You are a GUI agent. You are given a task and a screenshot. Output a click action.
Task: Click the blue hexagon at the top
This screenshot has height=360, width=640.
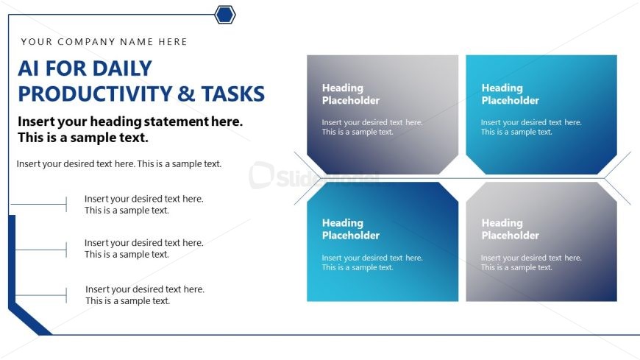225,15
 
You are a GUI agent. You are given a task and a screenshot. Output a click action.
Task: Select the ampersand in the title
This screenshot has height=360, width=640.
186,93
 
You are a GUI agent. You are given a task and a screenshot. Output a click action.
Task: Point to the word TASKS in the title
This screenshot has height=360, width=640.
233,93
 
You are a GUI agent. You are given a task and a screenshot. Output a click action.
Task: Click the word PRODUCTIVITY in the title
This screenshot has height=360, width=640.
95,93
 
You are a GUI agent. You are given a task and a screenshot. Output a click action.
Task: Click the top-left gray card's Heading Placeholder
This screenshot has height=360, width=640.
351,94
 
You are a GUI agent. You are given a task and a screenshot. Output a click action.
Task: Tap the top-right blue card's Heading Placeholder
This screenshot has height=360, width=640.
511,94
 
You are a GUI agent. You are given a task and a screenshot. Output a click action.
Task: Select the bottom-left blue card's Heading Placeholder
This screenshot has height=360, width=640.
351,229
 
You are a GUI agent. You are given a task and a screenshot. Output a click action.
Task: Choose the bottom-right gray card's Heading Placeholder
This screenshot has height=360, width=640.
511,229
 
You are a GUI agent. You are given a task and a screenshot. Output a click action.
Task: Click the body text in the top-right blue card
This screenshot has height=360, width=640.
531,127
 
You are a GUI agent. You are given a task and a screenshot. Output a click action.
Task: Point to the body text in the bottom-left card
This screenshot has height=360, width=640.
372,262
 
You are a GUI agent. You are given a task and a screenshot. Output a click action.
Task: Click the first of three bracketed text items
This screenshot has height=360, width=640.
143,205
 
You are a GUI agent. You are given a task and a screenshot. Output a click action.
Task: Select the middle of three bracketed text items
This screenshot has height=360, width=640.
143,248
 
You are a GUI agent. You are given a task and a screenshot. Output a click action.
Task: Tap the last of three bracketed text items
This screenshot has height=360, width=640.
145,295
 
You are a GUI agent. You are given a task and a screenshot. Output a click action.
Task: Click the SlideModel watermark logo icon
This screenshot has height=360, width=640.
261,175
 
